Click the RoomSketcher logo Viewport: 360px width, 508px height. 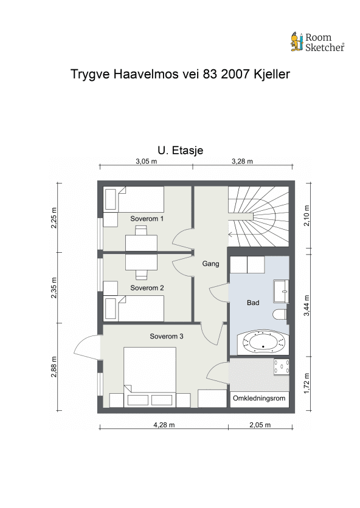(x=317, y=42)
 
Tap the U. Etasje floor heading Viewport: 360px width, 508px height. (x=181, y=150)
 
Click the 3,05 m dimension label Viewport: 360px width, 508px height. (x=147, y=161)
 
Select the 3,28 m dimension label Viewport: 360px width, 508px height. (x=242, y=161)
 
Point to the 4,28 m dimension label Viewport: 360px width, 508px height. (x=164, y=425)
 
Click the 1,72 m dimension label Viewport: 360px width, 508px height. (x=306, y=383)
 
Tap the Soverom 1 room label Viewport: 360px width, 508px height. (x=147, y=219)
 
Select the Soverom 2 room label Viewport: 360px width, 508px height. (x=147, y=287)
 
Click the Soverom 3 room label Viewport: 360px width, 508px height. (x=167, y=336)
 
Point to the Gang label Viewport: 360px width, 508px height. (x=211, y=264)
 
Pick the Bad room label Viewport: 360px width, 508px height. (x=253, y=303)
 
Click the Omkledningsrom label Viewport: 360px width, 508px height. (x=259, y=398)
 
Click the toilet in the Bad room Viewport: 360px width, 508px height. (x=280, y=314)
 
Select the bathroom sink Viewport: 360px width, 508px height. (x=281, y=291)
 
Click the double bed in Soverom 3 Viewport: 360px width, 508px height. (x=150, y=377)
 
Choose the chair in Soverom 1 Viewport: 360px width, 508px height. (x=141, y=230)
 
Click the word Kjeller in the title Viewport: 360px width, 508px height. (x=272, y=74)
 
